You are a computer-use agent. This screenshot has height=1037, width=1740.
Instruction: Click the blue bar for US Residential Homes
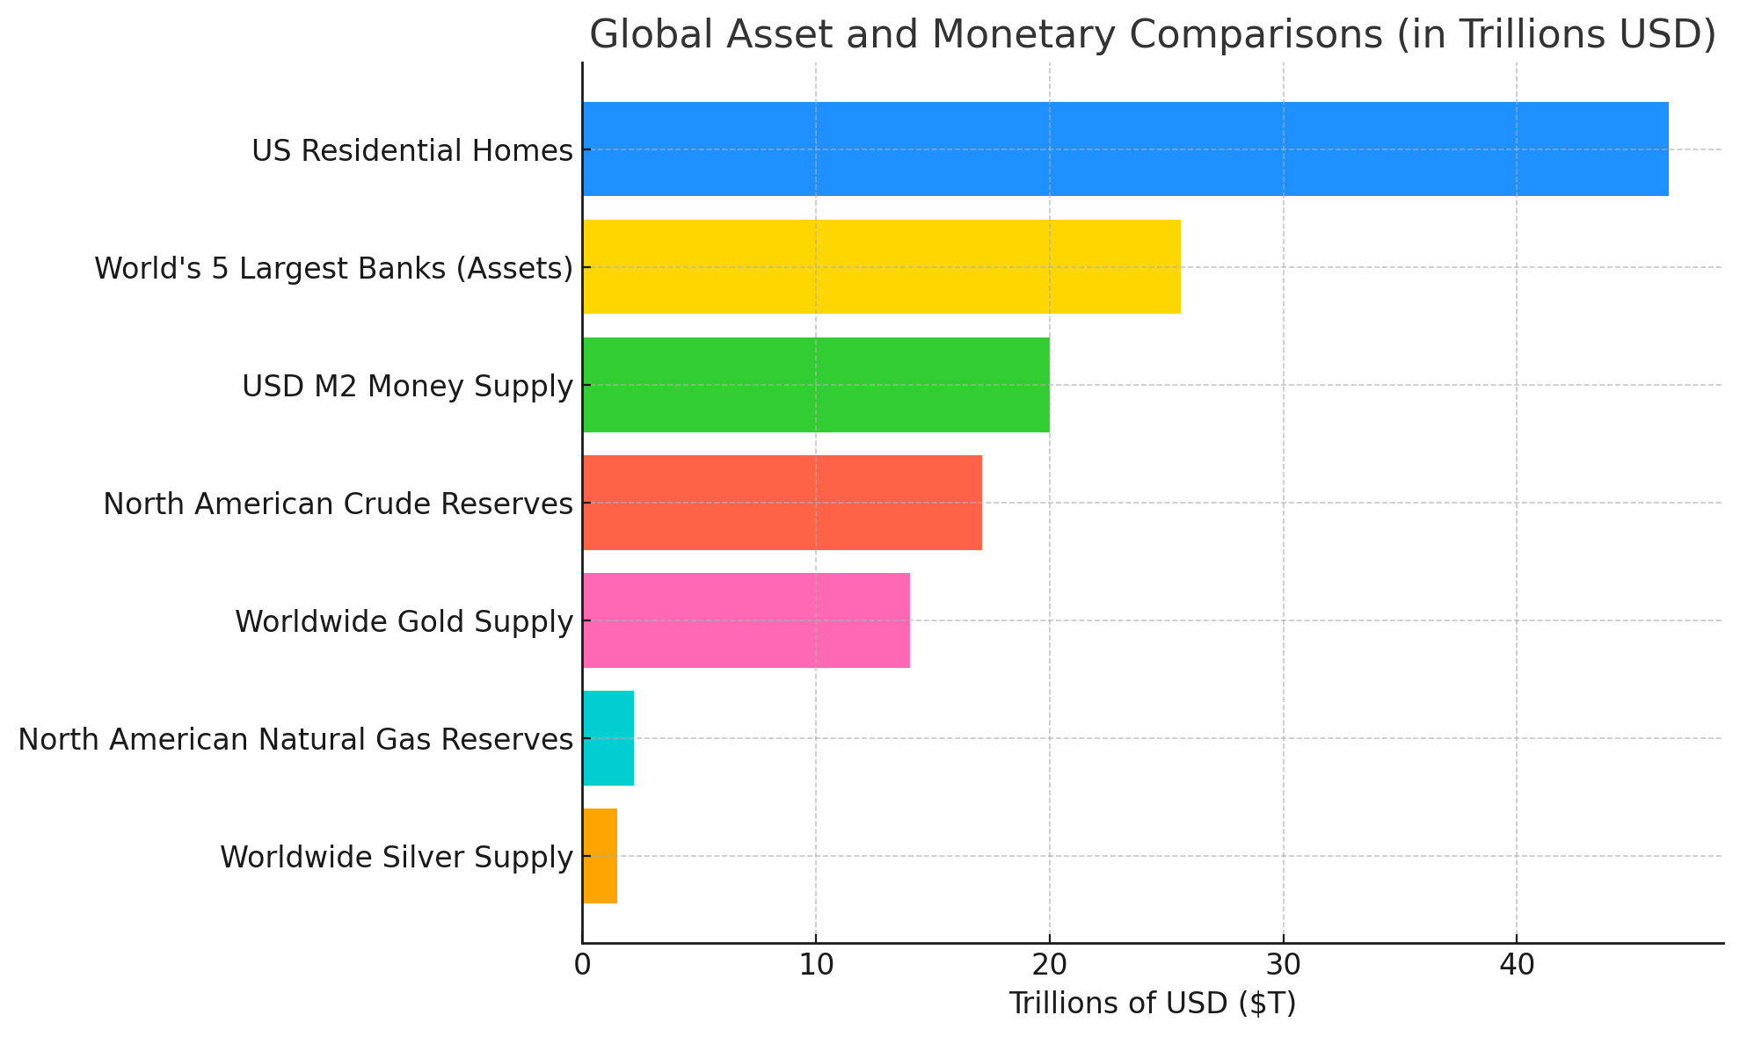click(x=1125, y=149)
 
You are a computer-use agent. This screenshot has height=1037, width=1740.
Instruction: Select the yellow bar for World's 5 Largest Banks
click(x=881, y=267)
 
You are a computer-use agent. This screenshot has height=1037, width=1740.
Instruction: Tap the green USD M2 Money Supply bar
click(x=815, y=385)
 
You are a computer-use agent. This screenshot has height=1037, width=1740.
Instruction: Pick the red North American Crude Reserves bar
click(x=782, y=503)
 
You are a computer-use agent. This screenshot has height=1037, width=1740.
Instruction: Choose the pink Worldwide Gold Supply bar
click(x=746, y=620)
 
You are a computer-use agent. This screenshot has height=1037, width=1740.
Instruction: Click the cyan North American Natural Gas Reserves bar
click(x=608, y=738)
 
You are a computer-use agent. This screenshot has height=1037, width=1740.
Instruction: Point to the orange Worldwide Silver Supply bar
click(x=600, y=856)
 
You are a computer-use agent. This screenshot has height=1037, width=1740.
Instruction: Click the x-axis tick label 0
click(x=582, y=966)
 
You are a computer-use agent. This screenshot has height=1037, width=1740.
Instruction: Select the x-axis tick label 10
click(x=815, y=966)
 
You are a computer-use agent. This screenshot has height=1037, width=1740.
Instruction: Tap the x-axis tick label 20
click(x=1049, y=966)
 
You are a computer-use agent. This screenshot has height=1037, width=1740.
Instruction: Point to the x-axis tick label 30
click(x=1283, y=966)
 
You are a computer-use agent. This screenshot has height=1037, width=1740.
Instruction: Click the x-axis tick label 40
click(x=1516, y=966)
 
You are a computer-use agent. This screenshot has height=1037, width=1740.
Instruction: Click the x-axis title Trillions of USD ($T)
click(x=1152, y=1004)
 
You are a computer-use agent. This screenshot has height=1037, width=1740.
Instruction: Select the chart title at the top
click(x=1152, y=35)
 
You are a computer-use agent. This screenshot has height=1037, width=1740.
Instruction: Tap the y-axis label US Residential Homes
click(x=411, y=151)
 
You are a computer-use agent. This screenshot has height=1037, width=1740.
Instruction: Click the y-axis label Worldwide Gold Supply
click(x=404, y=622)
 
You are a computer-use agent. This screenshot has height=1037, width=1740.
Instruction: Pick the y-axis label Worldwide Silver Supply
click(x=396, y=858)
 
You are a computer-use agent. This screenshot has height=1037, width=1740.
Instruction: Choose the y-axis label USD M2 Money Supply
click(x=407, y=387)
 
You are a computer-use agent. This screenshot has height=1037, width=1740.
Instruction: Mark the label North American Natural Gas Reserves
click(x=295, y=740)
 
